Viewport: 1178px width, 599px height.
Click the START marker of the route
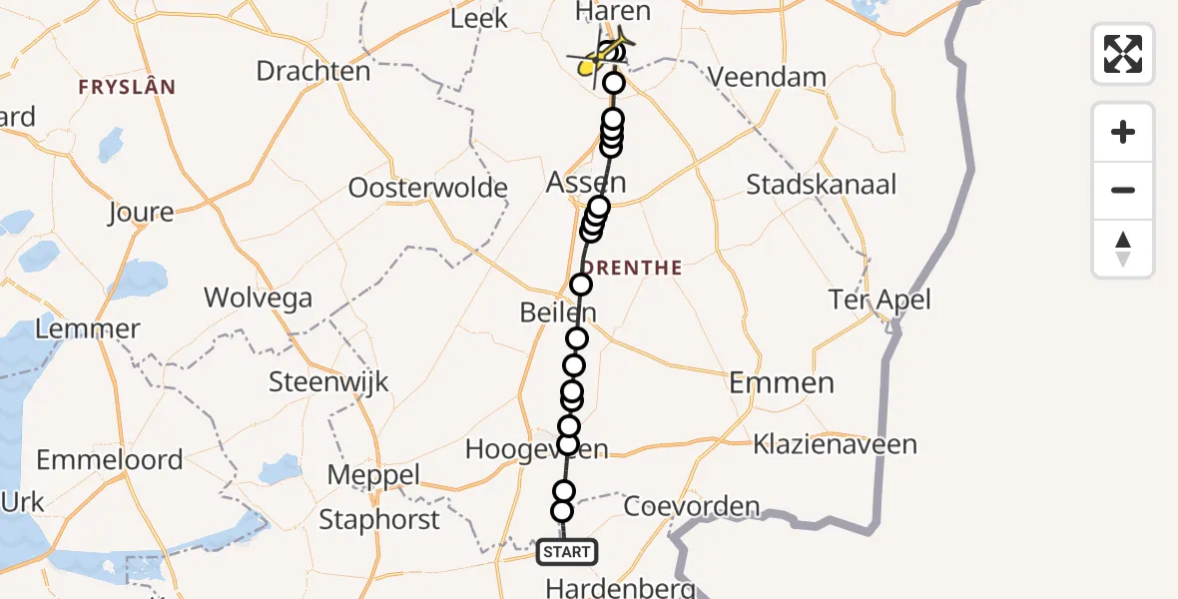(x=567, y=551)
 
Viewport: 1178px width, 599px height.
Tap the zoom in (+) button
(x=1123, y=132)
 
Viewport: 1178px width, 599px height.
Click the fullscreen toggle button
(x=1123, y=54)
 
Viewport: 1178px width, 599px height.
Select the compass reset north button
(x=1123, y=249)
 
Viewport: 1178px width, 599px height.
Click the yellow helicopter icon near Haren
(x=602, y=55)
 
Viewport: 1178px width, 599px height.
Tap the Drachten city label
(x=312, y=71)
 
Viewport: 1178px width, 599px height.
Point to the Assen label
(x=586, y=183)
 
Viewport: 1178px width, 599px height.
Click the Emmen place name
(x=781, y=382)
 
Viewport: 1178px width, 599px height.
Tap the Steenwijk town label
(x=328, y=381)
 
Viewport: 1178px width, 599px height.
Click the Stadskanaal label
(x=822, y=185)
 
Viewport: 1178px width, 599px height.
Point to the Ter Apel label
(x=880, y=299)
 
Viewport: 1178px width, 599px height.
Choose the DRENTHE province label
(x=632, y=268)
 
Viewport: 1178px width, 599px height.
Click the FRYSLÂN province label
(x=128, y=88)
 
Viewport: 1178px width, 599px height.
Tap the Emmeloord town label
(x=110, y=460)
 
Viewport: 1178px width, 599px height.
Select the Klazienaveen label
(x=835, y=444)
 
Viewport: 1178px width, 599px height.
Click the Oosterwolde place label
(x=427, y=188)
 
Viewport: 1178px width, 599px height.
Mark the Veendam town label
(x=767, y=77)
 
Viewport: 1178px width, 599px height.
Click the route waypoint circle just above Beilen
(x=580, y=286)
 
